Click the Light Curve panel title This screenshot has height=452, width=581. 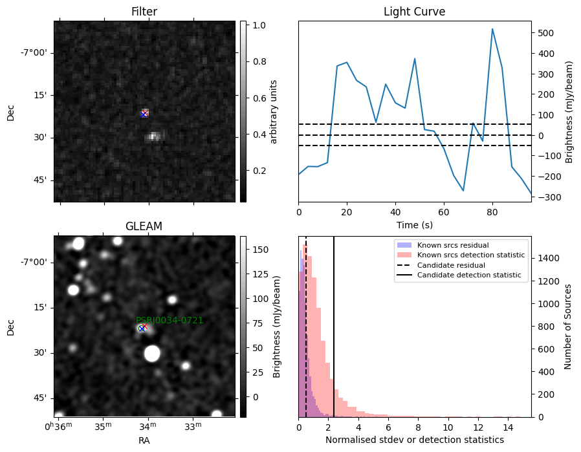(414, 12)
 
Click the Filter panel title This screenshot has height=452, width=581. (144, 12)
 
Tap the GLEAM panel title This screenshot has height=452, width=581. (144, 226)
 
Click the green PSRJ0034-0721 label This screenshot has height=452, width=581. (170, 320)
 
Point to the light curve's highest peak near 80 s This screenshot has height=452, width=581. (492, 28)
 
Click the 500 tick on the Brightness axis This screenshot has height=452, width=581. (545, 34)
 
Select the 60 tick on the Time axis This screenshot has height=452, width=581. (444, 212)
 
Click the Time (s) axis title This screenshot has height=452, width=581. (415, 224)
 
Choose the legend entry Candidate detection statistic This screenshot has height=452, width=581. (469, 275)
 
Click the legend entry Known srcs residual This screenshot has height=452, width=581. (453, 245)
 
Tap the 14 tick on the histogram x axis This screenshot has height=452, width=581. (508, 427)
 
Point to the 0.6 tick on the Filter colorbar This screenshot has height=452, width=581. (259, 98)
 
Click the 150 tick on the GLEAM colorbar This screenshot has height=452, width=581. (261, 250)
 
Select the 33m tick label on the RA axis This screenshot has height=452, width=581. (193, 426)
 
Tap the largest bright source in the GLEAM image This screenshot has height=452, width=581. (152, 354)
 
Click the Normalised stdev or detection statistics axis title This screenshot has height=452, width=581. (415, 440)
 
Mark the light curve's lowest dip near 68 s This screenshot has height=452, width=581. (463, 190)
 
